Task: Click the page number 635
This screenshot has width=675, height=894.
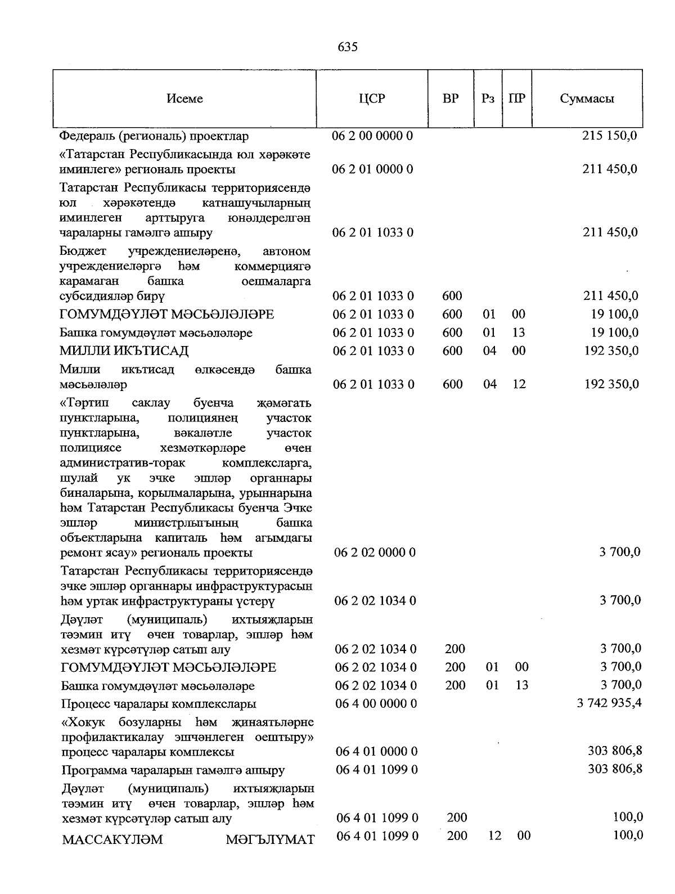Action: [x=348, y=47]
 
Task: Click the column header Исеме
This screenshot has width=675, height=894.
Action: [x=184, y=99]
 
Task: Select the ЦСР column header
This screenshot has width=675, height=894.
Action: [x=372, y=99]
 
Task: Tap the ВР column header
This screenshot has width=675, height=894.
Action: [x=451, y=99]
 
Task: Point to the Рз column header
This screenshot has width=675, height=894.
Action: [x=488, y=99]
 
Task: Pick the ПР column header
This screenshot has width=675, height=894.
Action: [x=517, y=99]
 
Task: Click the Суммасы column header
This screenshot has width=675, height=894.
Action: [x=587, y=99]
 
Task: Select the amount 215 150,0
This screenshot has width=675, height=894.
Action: [x=610, y=136]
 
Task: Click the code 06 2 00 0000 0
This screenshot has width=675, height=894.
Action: [x=372, y=136]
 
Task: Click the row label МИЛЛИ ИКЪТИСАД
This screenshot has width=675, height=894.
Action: [x=124, y=351]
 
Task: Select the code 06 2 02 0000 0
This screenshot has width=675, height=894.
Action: [x=375, y=552]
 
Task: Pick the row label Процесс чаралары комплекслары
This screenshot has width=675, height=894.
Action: [x=159, y=704]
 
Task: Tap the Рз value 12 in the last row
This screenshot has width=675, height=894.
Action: [x=494, y=836]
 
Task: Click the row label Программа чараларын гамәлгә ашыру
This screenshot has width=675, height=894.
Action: [x=173, y=770]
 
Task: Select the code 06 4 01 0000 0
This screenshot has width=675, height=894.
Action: [x=376, y=752]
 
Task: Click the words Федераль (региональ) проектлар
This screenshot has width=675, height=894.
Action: [x=154, y=137]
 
